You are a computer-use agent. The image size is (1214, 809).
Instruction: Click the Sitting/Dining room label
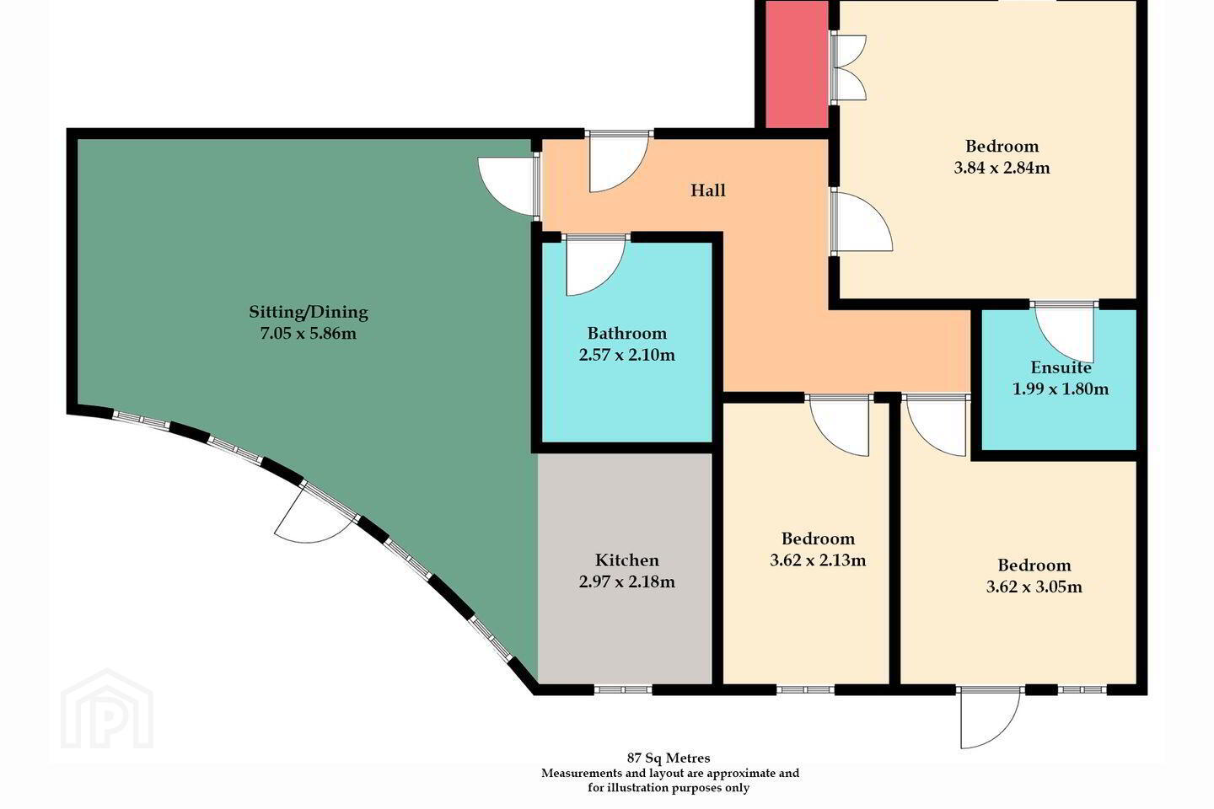click(x=309, y=313)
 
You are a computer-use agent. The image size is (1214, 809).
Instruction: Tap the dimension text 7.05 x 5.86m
click(x=309, y=333)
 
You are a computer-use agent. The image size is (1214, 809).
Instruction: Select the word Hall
click(x=708, y=190)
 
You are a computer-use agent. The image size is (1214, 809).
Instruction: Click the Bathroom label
click(x=627, y=333)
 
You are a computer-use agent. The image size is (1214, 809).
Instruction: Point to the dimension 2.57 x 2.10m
click(x=627, y=356)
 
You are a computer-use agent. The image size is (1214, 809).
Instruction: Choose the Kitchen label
click(x=627, y=560)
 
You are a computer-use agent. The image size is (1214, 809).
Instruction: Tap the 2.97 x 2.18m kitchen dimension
click(x=627, y=582)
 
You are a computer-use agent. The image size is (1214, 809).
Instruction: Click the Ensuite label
click(x=1061, y=367)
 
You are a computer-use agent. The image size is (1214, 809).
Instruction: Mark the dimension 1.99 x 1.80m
click(x=1061, y=389)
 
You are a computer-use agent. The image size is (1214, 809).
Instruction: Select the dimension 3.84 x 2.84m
click(x=1002, y=168)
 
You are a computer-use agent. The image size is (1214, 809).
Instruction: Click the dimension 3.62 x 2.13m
click(x=818, y=560)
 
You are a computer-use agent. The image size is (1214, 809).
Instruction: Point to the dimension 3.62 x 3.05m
click(x=1034, y=587)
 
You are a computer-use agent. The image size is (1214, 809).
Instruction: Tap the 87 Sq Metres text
click(x=669, y=758)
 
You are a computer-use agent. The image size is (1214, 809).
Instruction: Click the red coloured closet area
click(x=796, y=64)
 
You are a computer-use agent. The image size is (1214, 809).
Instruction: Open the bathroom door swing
click(x=595, y=265)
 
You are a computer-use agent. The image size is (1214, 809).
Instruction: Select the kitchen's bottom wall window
click(x=623, y=690)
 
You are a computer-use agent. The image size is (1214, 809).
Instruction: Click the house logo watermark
click(x=107, y=710)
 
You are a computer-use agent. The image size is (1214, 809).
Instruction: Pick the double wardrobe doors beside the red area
click(x=848, y=67)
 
